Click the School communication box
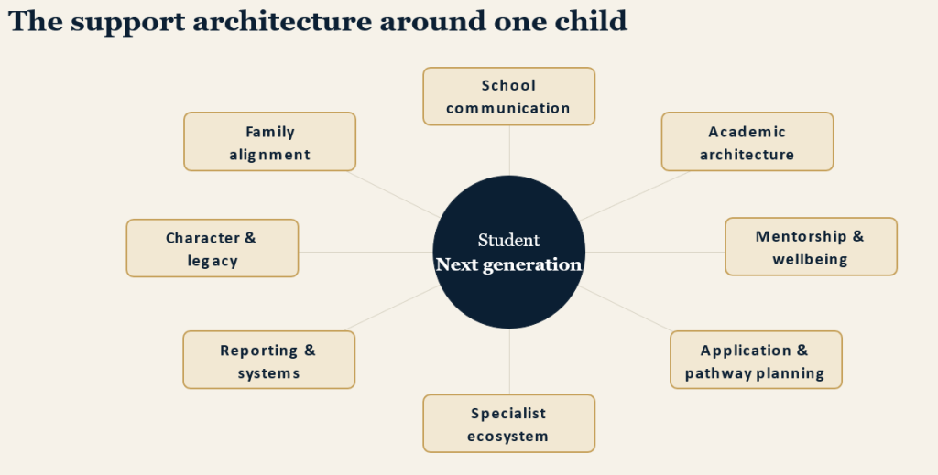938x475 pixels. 509,96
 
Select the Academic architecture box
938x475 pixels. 747,142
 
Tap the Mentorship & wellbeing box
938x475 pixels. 812,247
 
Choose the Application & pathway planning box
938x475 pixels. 756,360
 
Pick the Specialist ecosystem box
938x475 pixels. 509,424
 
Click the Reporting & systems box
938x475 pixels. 269,360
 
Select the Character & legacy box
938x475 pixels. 213,248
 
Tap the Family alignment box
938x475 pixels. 270,142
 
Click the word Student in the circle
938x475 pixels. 508,240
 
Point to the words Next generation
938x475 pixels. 508,264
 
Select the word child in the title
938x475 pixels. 591,21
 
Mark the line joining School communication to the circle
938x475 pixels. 509,151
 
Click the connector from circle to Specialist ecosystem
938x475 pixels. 509,362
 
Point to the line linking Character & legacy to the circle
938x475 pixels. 365,252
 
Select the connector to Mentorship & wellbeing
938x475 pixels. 655,252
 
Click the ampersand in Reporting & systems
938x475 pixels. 310,351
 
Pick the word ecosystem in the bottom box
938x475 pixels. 507,437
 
